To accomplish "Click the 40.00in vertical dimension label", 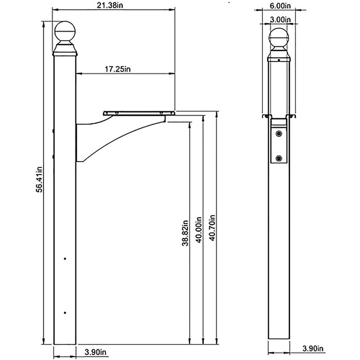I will pyautogui.click(x=198, y=230).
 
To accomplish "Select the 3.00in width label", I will pyautogui.click(x=279, y=19).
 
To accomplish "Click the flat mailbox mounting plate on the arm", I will pyautogui.click(x=139, y=113).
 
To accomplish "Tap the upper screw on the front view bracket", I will pyautogui.click(x=279, y=134).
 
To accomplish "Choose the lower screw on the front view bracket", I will pyautogui.click(x=279, y=158).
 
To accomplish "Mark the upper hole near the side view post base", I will pyautogui.click(x=65, y=259).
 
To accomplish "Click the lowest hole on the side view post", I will pyautogui.click(x=65, y=312).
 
